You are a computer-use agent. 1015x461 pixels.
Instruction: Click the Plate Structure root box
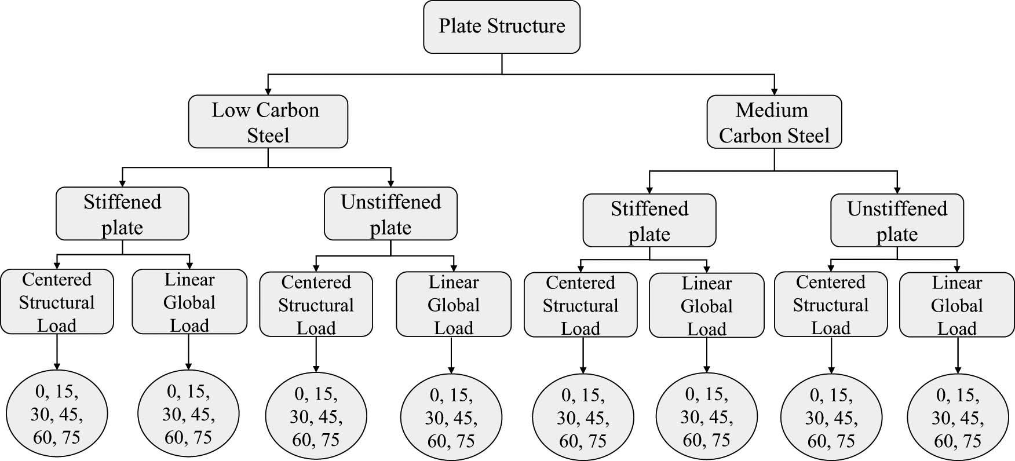click(502, 27)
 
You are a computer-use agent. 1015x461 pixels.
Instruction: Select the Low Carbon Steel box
click(268, 122)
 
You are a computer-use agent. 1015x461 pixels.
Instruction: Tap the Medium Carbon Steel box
click(774, 122)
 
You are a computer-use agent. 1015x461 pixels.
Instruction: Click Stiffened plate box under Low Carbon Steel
click(122, 214)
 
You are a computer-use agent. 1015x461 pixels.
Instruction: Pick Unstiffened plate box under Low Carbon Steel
click(390, 214)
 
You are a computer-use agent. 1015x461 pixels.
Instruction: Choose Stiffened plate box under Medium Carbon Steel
click(649, 221)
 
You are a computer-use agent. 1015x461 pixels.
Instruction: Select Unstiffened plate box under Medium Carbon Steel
click(897, 221)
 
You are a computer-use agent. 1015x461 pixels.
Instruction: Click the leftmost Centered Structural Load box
click(57, 302)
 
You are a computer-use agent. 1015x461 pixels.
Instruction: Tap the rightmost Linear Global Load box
click(956, 305)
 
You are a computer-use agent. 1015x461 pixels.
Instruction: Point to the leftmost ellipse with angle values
click(57, 415)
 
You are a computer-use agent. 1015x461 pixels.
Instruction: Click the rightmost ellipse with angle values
click(956, 418)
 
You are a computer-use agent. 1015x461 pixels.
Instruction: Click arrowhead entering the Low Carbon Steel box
click(268, 91)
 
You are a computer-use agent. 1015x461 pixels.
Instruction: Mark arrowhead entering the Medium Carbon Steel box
click(774, 91)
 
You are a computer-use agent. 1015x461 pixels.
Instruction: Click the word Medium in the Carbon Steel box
click(772, 110)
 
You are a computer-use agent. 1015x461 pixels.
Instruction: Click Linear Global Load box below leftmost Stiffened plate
click(189, 302)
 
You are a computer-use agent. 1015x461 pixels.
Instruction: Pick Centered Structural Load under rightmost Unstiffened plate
click(830, 305)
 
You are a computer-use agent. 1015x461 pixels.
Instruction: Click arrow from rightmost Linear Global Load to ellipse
click(957, 355)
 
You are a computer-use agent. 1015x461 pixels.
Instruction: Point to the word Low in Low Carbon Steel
click(231, 110)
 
